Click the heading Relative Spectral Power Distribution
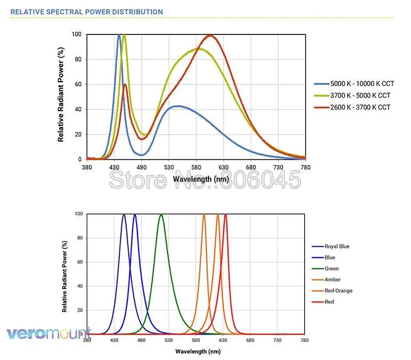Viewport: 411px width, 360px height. click(x=87, y=12)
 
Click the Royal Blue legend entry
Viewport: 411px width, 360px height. click(x=337, y=246)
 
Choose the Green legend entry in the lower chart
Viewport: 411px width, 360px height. click(x=332, y=268)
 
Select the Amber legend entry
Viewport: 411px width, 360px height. click(x=332, y=280)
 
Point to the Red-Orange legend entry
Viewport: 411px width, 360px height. click(x=339, y=291)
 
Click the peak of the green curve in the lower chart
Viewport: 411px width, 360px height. click(x=161, y=215)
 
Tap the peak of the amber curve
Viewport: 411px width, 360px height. click(x=204, y=215)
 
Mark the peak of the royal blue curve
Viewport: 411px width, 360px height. click(x=124, y=215)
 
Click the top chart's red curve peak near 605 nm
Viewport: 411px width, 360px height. click(x=210, y=35)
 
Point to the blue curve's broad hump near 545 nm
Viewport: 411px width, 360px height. click(x=177, y=106)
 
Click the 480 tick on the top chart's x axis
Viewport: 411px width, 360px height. click(x=141, y=167)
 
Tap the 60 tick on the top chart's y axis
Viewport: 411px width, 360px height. click(x=78, y=84)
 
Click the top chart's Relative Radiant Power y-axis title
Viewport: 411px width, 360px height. click(x=61, y=96)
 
